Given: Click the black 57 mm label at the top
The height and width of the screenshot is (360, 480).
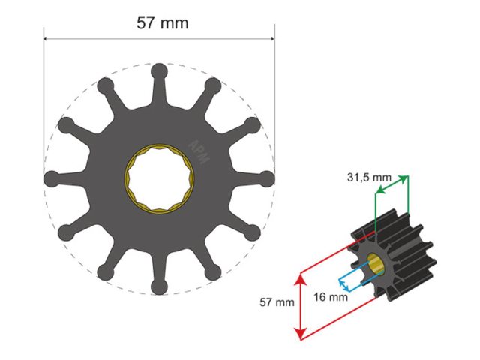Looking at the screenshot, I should point(162,23).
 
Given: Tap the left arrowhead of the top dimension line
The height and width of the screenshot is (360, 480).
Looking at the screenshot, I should point(46,39).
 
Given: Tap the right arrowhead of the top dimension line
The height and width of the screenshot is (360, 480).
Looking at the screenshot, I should point(272,39).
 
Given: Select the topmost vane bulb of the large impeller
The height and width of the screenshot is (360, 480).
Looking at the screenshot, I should point(159,71).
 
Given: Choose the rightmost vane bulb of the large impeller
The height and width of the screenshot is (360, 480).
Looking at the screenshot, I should point(267,178).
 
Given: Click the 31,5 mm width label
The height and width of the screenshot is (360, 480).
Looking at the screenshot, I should point(369,178).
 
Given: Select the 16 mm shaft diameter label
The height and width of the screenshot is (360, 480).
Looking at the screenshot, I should point(331,296).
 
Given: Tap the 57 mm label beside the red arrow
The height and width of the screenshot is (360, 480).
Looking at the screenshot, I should point(277,303).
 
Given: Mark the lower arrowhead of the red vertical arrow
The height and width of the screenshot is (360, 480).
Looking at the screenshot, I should point(301,335).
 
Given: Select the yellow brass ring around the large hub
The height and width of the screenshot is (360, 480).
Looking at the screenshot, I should point(128,179).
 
